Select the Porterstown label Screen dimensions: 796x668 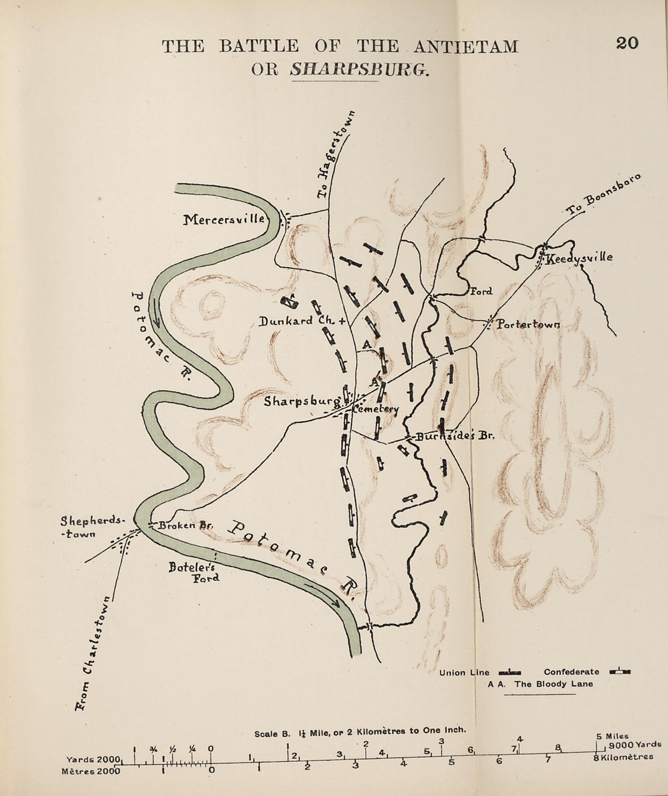[x=528, y=325]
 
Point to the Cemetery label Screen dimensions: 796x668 [x=375, y=409]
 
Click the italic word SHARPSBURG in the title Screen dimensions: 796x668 [x=359, y=70]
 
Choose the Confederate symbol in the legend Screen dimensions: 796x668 [x=620, y=672]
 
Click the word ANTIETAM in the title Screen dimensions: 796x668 [x=465, y=47]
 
